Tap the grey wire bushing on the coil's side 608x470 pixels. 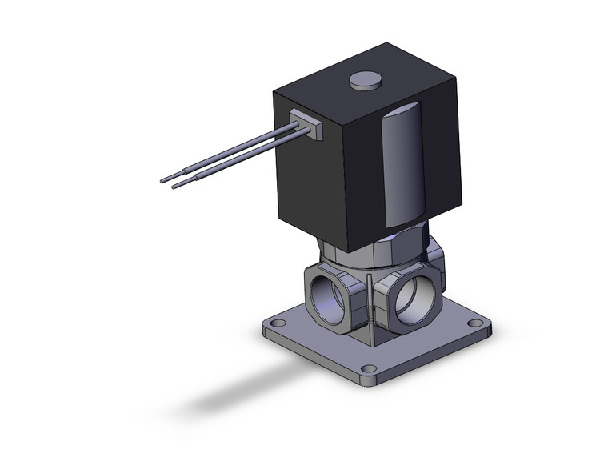coord(309,125)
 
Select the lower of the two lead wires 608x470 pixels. coord(240,161)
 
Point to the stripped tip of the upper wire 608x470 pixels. coord(170,177)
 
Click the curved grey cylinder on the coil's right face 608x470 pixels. coord(402,168)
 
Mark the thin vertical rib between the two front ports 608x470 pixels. coord(371,304)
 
